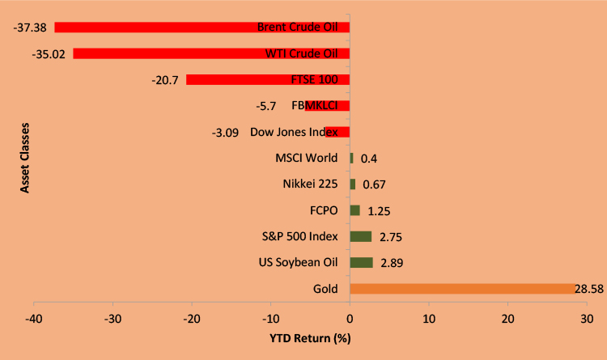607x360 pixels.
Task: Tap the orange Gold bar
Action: (461, 289)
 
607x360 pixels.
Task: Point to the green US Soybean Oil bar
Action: (361, 262)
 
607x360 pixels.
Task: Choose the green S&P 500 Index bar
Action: (360, 236)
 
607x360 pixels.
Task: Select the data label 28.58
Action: (589, 289)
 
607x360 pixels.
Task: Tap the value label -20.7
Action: (166, 79)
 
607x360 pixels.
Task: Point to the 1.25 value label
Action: (380, 210)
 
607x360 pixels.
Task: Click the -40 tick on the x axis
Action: (34, 318)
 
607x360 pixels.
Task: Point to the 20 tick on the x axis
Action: (507, 318)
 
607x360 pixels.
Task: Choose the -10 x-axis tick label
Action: (270, 318)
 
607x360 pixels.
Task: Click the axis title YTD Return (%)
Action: (311, 337)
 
